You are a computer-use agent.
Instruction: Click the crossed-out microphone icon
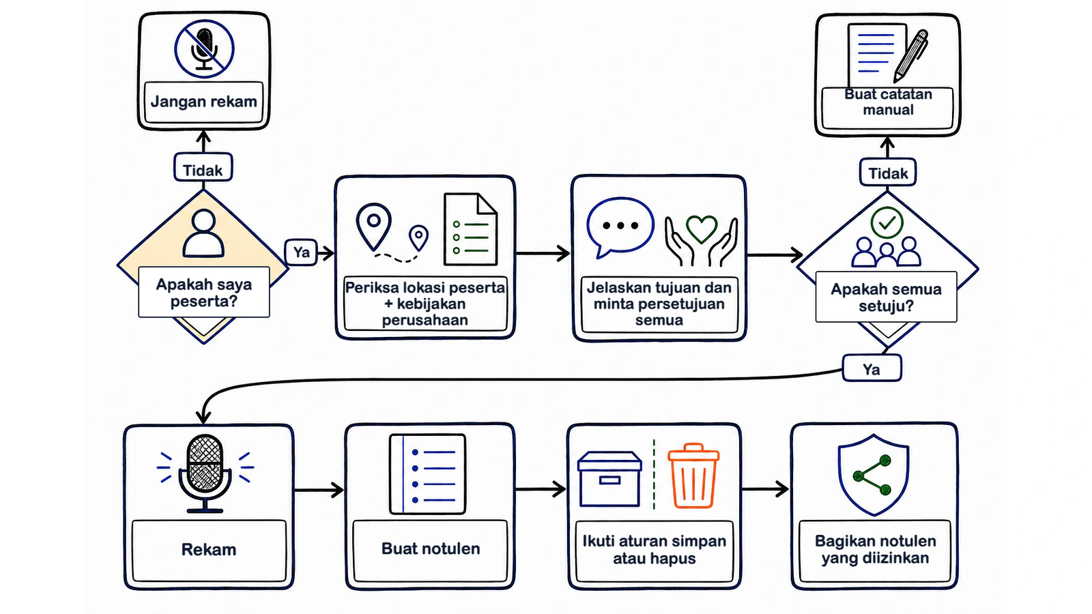tap(204, 48)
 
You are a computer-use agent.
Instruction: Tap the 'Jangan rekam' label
tap(204, 102)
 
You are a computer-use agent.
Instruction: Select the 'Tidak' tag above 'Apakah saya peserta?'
tap(203, 168)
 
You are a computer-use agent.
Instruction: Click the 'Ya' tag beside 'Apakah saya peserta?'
tap(301, 252)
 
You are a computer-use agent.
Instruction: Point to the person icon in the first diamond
tap(204, 233)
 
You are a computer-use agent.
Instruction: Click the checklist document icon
tap(470, 229)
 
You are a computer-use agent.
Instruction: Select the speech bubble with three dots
tap(620, 227)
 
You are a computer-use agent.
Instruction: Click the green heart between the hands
tap(701, 229)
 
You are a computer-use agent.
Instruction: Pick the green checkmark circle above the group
tap(887, 222)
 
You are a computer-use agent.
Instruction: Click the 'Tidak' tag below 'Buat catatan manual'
tap(888, 172)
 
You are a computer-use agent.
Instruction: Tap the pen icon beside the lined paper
tap(910, 56)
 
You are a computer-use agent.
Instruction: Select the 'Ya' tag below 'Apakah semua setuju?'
tap(872, 368)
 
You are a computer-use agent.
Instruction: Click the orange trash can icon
tap(693, 476)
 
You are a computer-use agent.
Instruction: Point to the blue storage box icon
tap(609, 479)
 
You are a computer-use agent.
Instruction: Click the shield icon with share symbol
tap(873, 475)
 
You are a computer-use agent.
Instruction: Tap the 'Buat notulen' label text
tap(431, 549)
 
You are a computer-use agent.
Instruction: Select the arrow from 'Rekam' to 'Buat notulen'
tap(319, 490)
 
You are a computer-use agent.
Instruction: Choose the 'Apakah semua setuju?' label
tap(886, 297)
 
